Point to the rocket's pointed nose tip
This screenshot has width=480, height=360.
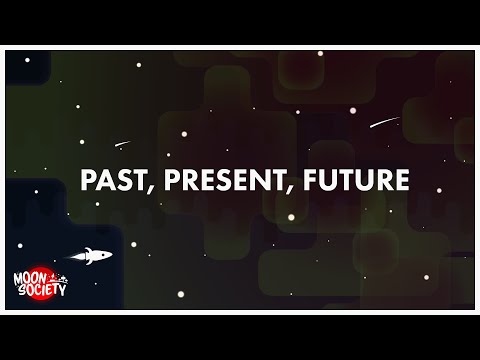click(113, 255)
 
